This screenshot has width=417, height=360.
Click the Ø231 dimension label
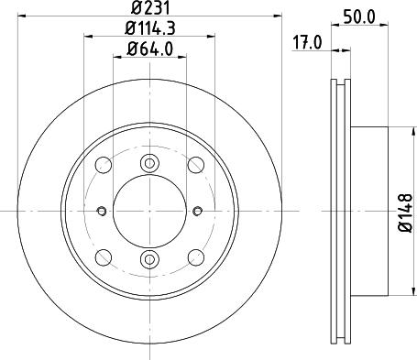click(x=149, y=7)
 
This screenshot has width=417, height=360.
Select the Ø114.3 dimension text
click(x=149, y=28)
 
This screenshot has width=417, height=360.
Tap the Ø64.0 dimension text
click(x=149, y=49)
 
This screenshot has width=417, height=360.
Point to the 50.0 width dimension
click(x=359, y=16)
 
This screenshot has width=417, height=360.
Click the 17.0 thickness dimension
click(x=307, y=42)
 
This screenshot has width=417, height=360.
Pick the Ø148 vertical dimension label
click(x=406, y=213)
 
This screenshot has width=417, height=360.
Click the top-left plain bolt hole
click(x=104, y=165)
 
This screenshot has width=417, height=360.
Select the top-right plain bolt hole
click(x=196, y=165)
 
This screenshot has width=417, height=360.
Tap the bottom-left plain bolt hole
click(x=104, y=257)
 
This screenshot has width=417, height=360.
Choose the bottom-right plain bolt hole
click(x=196, y=257)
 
